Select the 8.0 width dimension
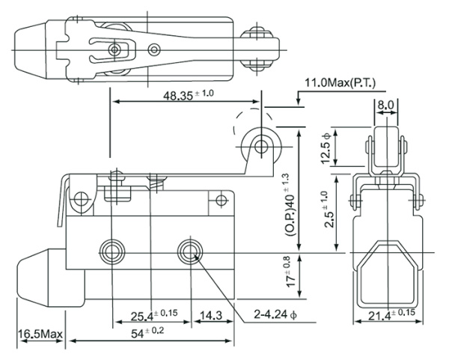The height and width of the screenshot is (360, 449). [x=386, y=106]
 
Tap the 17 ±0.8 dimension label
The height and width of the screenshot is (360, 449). [x=287, y=274]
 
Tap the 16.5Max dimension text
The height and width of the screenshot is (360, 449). [x=40, y=332]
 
